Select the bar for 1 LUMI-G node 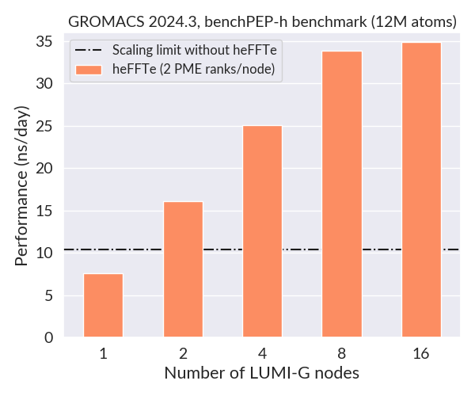pyautogui.click(x=103, y=306)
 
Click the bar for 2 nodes pyautogui.click(x=183, y=269)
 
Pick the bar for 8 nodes pyautogui.click(x=342, y=194)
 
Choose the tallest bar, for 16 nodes pyautogui.click(x=421, y=190)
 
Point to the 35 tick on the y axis pyautogui.click(x=49, y=41)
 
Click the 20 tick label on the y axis pyautogui.click(x=49, y=169)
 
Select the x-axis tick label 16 pyautogui.click(x=421, y=354)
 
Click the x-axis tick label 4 pyautogui.click(x=262, y=354)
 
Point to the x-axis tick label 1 pyautogui.click(x=103, y=354)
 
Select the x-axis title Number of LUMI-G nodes pyautogui.click(x=262, y=372)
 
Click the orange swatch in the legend pyautogui.click(x=89, y=70)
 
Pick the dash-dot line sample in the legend pyautogui.click(x=89, y=51)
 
